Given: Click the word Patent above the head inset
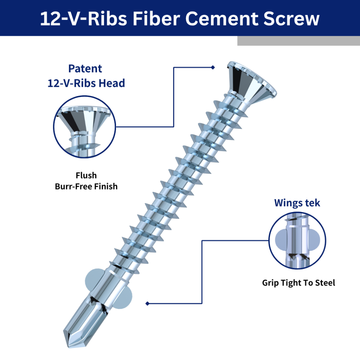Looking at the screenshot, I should click(x=85, y=69).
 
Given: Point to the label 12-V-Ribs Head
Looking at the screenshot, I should click(x=86, y=83).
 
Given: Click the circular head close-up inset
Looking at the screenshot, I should click(x=84, y=127).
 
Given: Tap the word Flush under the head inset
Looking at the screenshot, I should click(x=86, y=175).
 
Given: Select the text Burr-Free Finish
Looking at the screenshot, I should click(x=86, y=186).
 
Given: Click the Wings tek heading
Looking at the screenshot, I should click(x=297, y=203).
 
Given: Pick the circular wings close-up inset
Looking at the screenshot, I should click(x=297, y=240).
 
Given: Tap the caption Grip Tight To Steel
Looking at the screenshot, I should click(x=298, y=283).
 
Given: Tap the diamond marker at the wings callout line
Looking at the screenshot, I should click(x=147, y=303).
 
